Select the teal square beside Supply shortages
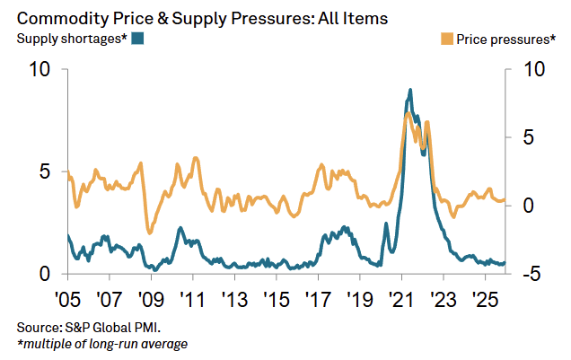[137, 38]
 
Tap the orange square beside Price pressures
[446, 38]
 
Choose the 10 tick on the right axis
[528, 70]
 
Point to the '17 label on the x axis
[317, 297]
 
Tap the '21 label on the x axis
[400, 297]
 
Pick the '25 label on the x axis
[484, 297]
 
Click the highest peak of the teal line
[410, 90]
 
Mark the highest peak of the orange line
[408, 112]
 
